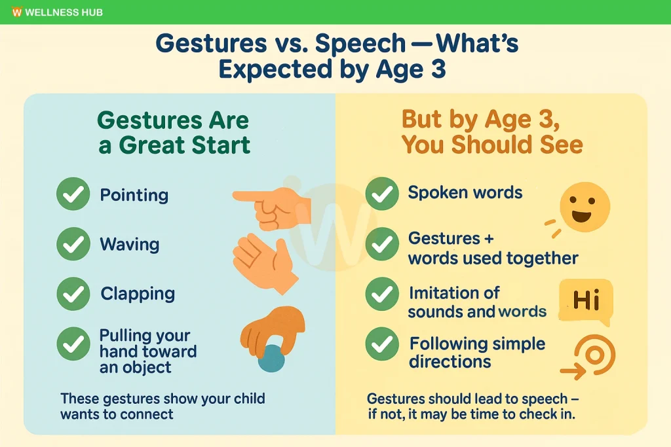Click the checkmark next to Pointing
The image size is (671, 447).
click(x=73, y=194)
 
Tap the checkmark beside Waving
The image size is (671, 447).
click(x=73, y=244)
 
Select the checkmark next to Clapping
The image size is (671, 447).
click(x=73, y=293)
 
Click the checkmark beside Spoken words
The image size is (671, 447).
click(x=381, y=194)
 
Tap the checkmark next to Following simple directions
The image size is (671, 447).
click(x=381, y=344)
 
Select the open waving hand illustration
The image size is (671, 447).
click(x=263, y=258)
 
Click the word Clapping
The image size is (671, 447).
click(x=138, y=293)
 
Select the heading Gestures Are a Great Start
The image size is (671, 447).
click(x=174, y=132)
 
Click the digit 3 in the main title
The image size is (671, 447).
click(x=437, y=68)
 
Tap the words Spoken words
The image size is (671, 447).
click(x=465, y=192)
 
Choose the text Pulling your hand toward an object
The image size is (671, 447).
click(x=147, y=351)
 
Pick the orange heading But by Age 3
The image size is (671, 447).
click(x=491, y=120)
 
